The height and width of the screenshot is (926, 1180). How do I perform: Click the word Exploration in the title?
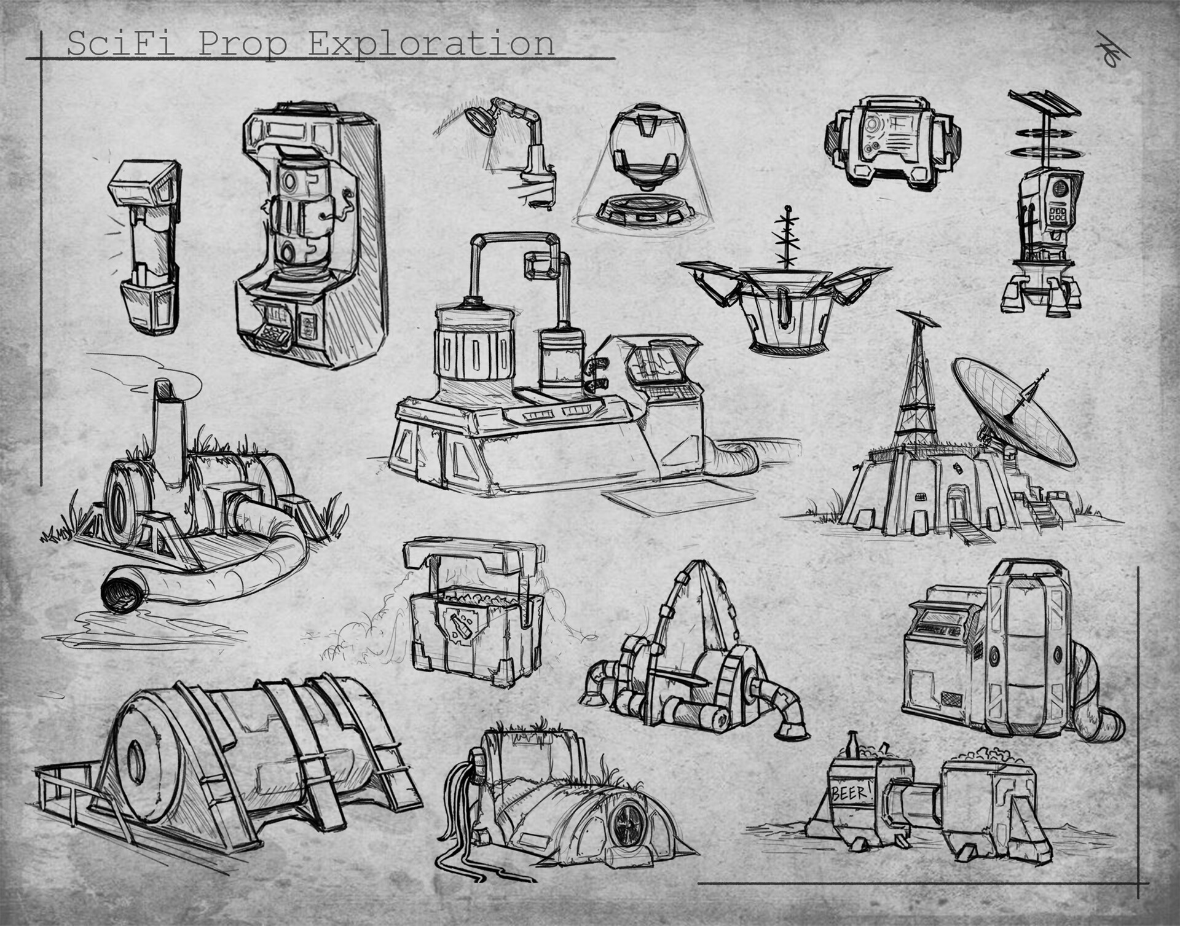(431, 44)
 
